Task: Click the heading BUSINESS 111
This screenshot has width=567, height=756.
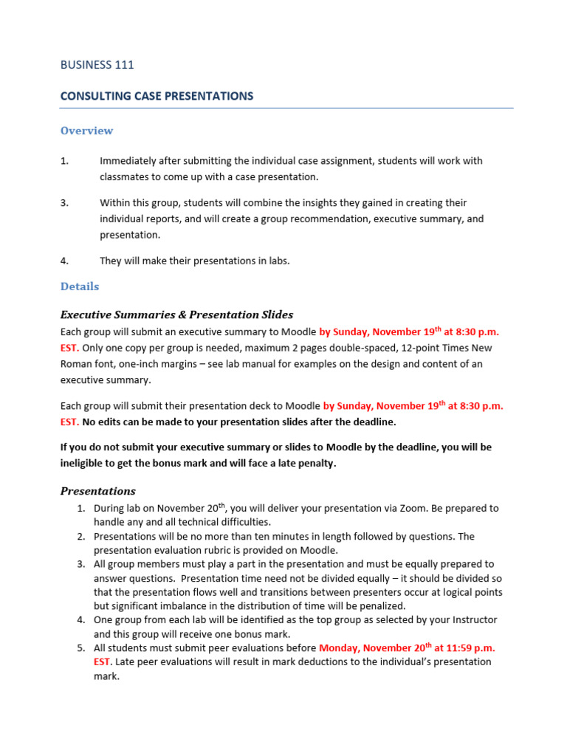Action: pos(97,65)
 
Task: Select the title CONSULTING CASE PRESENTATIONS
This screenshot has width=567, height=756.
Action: pos(157,96)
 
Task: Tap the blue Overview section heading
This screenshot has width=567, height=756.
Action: pos(86,131)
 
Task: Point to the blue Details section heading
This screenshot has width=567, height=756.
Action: pos(79,286)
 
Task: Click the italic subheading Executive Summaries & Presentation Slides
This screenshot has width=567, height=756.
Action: pos(176,315)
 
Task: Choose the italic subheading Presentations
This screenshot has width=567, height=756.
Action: pos(97,491)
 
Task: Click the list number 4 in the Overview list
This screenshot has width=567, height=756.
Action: pos(64,260)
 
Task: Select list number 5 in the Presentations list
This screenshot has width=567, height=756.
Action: pos(81,647)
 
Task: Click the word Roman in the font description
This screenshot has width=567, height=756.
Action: pos(76,364)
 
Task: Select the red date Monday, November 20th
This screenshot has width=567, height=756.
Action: pos(371,647)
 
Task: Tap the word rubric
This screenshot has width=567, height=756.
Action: pos(225,550)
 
